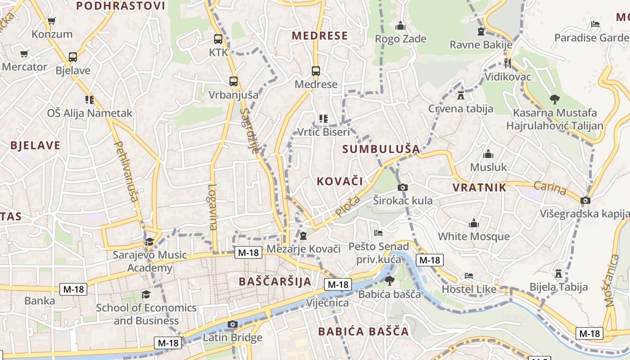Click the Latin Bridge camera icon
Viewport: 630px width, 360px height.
click(x=233, y=324)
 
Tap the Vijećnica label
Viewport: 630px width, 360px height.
click(x=327, y=303)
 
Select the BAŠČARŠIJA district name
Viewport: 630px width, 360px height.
click(x=275, y=282)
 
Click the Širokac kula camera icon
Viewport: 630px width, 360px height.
click(x=403, y=187)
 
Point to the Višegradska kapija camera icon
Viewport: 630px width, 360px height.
click(x=585, y=200)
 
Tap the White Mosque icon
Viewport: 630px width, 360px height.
click(x=474, y=223)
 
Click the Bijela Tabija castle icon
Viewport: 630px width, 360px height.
click(x=558, y=274)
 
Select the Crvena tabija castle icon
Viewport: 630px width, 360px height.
click(x=460, y=95)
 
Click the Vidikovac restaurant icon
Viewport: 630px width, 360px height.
click(x=508, y=63)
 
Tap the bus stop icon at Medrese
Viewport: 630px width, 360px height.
click(x=316, y=71)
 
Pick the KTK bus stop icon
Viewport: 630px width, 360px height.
click(x=218, y=39)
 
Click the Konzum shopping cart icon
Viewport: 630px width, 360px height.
click(x=52, y=21)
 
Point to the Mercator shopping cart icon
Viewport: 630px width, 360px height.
click(x=24, y=54)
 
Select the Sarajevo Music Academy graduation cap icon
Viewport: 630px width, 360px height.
click(x=149, y=242)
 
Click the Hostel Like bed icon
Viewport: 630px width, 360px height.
click(x=469, y=275)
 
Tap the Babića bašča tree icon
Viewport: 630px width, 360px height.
click(x=389, y=281)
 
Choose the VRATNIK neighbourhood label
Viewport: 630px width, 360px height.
click(x=479, y=188)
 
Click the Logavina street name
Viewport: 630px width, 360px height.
click(x=213, y=207)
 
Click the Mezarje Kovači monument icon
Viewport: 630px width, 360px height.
click(x=303, y=236)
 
